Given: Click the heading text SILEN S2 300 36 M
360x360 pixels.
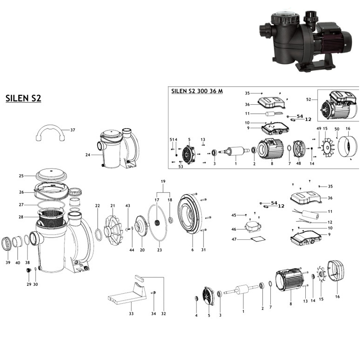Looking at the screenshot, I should tap(197, 91).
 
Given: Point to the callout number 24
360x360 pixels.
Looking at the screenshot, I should tap(87, 154).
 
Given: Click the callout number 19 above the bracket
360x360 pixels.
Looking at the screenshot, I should tap(163, 181).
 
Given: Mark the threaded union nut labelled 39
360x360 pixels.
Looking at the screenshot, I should tap(8, 244).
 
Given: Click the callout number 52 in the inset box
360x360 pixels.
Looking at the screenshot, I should tap(308, 99).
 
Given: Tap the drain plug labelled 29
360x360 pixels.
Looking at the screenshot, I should tap(29, 271).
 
